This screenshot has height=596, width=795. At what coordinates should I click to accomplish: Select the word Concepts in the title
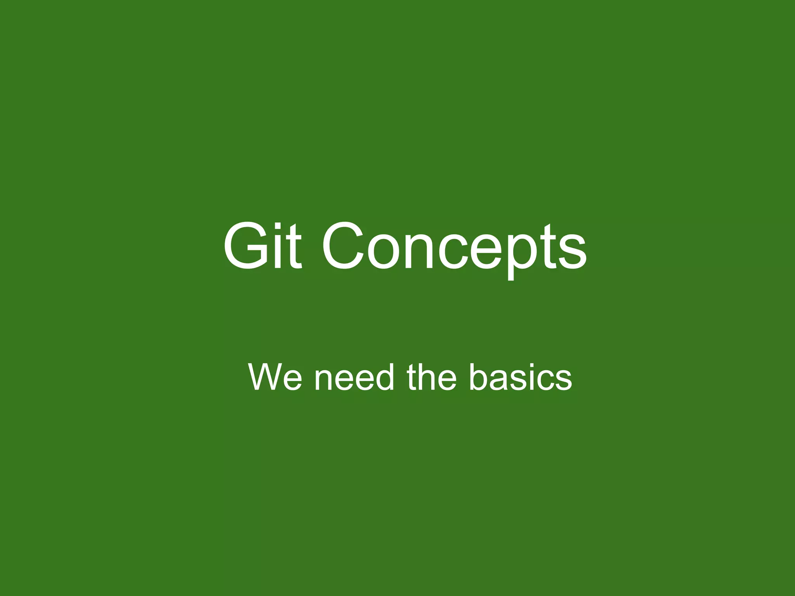tap(454, 248)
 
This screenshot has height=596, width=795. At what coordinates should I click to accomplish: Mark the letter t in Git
tap(294, 247)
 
